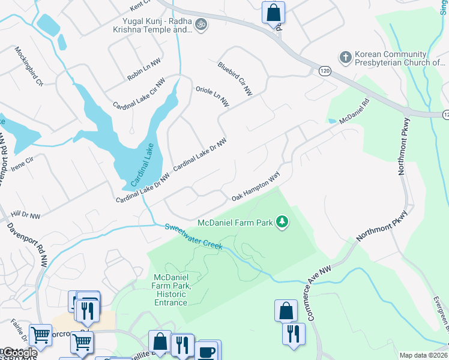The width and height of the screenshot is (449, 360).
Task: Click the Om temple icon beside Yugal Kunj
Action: pos(202,25)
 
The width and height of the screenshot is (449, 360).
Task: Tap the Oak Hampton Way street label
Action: pos(256,188)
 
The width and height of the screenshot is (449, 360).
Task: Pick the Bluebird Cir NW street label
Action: pos(235,79)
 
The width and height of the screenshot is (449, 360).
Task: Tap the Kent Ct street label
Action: pos(142,7)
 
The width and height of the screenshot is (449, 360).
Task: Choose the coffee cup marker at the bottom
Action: pos(208,351)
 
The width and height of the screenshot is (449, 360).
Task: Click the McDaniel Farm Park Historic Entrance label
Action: pos(171,289)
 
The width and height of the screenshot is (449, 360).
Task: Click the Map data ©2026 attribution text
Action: pos(423,355)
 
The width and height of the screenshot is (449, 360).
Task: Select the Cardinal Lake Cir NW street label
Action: pos(139,94)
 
